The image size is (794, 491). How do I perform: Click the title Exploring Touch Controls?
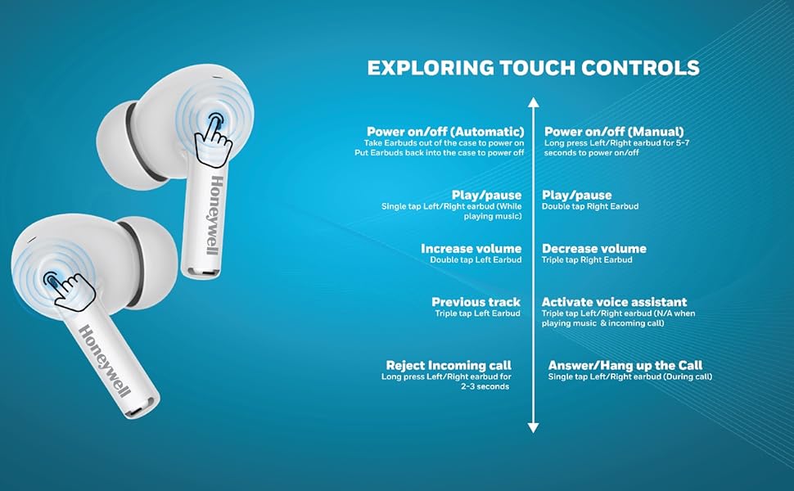(533, 68)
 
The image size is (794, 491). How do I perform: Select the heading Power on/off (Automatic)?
(445, 132)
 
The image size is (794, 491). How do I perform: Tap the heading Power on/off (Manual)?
(614, 132)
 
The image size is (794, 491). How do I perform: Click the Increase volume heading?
(471, 249)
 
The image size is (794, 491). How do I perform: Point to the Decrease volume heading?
(594, 249)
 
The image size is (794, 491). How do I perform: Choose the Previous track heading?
(476, 302)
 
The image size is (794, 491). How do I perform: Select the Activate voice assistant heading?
(614, 302)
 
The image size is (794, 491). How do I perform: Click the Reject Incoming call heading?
(449, 366)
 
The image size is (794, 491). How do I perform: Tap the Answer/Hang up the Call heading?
(625, 366)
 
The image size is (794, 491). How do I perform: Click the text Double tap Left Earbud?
(476, 259)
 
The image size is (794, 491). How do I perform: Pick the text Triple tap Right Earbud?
(587, 259)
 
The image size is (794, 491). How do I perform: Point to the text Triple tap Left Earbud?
(477, 313)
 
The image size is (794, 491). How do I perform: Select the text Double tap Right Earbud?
(590, 206)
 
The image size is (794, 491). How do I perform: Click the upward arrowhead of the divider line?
(533, 103)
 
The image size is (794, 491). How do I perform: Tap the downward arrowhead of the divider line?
(533, 428)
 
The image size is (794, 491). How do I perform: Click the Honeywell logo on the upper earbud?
(214, 216)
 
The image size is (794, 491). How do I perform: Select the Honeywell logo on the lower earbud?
(105, 360)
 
